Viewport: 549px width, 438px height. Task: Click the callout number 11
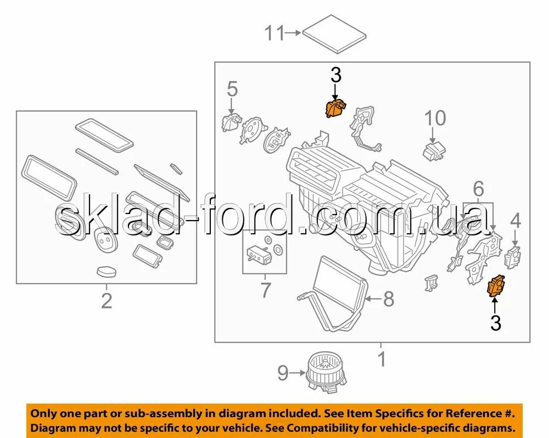(274, 33)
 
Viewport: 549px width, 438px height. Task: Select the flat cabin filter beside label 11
(334, 34)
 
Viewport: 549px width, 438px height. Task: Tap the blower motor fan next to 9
(326, 373)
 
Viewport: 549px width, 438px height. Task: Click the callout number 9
(283, 373)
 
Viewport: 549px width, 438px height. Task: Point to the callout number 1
(382, 359)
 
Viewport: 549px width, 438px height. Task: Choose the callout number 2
(107, 301)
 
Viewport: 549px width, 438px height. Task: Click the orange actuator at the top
(335, 108)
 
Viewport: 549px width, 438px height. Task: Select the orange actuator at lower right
(496, 286)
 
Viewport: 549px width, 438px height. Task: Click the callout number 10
(435, 118)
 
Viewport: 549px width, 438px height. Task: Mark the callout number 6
(479, 189)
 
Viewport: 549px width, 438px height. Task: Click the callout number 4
(516, 221)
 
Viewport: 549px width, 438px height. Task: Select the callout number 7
(266, 290)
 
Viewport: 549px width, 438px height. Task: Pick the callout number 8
(389, 299)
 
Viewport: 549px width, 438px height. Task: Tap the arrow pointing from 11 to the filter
(293, 33)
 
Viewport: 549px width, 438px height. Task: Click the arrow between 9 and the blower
(297, 373)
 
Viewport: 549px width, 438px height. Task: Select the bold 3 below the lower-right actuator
(495, 323)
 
